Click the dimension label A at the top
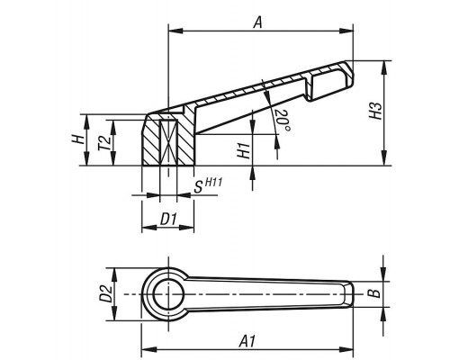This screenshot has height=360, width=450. [257, 22]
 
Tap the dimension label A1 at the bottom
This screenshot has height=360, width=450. [247, 341]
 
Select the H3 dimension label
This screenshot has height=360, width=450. [376, 111]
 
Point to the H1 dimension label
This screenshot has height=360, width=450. [244, 150]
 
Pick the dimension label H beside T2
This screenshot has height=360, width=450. [78, 139]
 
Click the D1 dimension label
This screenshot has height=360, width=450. [168, 220]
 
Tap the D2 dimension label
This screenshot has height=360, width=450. [106, 293]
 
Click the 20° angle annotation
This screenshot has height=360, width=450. [283, 121]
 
